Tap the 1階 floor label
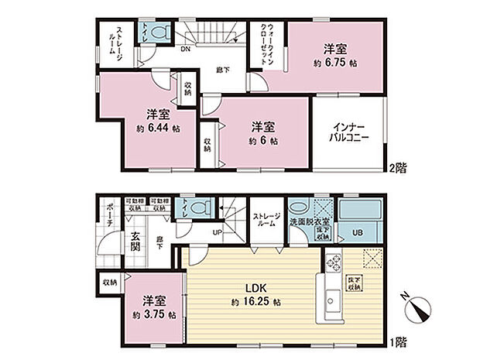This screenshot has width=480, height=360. (400, 341)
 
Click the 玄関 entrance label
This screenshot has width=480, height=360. (134, 242)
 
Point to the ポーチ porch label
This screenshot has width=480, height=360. (110, 217)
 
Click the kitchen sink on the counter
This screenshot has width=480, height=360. (332, 296)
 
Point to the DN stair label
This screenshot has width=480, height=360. (186, 48)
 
